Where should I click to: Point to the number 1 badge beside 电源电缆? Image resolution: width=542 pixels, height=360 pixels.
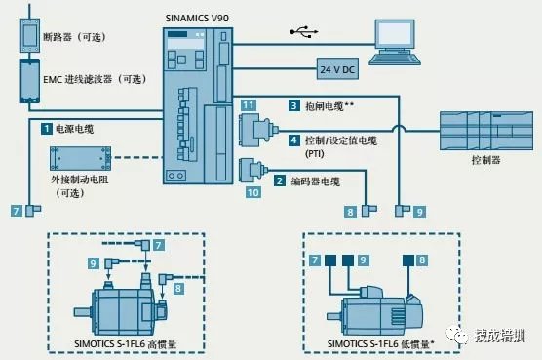pyautogui.click(x=45, y=128)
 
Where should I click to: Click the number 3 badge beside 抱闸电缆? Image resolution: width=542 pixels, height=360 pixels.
pyautogui.click(x=292, y=104)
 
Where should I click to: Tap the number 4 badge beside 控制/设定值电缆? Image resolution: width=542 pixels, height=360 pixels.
pyautogui.click(x=292, y=140)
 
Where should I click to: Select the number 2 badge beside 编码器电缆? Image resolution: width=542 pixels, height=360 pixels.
pyautogui.click(x=280, y=180)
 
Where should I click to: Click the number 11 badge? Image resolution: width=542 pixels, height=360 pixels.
pyautogui.click(x=250, y=104)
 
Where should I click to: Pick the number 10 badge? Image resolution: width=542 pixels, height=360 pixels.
pyautogui.click(x=253, y=193)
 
